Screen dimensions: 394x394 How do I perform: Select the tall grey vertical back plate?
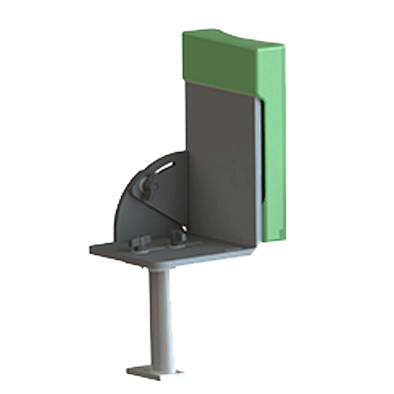pyautogui.click(x=220, y=160)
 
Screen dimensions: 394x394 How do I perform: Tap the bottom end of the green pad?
pyautogui.click(x=275, y=238)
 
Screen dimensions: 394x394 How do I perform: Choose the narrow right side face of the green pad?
pyautogui.click(x=275, y=151)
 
